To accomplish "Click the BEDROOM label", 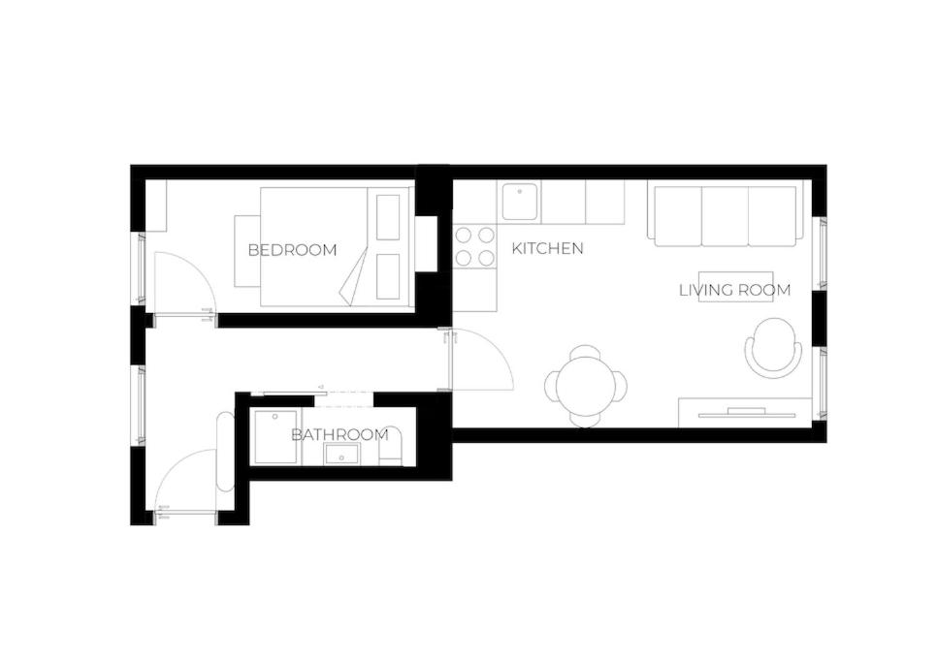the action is click(x=292, y=250).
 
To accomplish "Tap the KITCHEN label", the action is click(x=547, y=248).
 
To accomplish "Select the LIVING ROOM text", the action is click(x=734, y=290).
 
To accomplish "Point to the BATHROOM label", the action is click(x=339, y=435).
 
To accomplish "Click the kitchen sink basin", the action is click(x=520, y=202).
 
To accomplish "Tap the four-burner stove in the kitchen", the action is click(x=475, y=246).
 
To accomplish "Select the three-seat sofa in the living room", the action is click(x=726, y=216).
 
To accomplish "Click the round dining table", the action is click(x=586, y=386).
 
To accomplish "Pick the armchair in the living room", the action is click(x=773, y=347).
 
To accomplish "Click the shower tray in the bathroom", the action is click(x=277, y=436).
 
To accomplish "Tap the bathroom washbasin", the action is click(x=341, y=455).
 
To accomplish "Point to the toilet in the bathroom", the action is click(x=392, y=448).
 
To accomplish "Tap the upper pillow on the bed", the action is click(x=388, y=217).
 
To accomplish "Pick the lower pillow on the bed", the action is click(x=388, y=277).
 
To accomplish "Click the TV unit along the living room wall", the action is click(x=745, y=413).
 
